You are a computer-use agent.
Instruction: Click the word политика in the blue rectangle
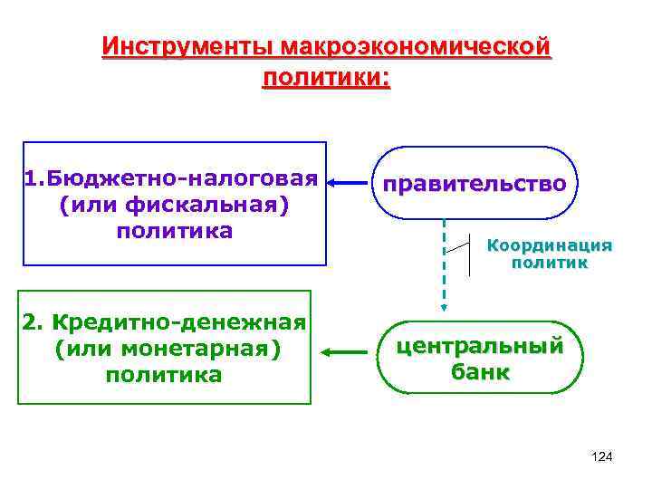[x=175, y=231]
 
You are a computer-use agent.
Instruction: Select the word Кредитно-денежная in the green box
[x=178, y=321]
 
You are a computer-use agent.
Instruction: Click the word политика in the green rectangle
[x=164, y=375]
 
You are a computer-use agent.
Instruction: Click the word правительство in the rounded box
[x=475, y=184]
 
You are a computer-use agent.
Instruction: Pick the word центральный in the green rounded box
[x=479, y=345]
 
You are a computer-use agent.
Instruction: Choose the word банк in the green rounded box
[x=479, y=372]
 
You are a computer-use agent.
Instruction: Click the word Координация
[x=550, y=245]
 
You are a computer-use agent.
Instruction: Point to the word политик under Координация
[x=550, y=264]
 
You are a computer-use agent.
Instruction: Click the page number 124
[x=601, y=457]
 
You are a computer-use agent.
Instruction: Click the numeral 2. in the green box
[x=34, y=321]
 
